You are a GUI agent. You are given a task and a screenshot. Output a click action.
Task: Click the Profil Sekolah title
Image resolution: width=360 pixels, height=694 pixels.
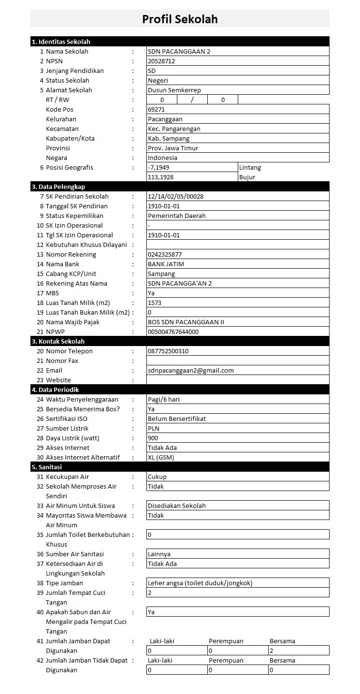tap(180, 19)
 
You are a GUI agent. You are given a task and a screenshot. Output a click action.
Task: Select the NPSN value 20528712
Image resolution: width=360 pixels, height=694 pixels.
tap(161, 61)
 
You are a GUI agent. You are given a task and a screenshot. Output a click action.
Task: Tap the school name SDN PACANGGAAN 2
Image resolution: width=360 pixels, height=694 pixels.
tap(179, 52)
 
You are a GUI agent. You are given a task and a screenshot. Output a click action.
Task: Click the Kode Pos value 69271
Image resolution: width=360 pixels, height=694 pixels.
tap(157, 110)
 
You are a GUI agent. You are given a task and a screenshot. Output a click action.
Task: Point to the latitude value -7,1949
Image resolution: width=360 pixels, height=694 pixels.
tap(158, 168)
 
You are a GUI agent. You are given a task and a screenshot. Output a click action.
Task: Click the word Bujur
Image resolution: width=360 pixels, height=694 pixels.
tap(247, 177)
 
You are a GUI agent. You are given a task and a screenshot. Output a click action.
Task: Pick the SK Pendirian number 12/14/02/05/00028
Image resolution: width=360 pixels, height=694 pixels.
tap(176, 197)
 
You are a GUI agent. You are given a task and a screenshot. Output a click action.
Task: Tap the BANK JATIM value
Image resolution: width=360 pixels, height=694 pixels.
tap(166, 264)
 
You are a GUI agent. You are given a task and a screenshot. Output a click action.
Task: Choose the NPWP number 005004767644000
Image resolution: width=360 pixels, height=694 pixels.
tap(173, 332)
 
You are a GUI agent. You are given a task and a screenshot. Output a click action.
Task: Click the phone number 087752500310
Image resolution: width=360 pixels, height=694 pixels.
tap(168, 351)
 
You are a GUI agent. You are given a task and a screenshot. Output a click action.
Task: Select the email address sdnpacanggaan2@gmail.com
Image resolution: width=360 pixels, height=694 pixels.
tap(190, 371)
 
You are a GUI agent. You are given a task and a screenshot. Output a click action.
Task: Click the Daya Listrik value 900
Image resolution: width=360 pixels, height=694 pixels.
tap(153, 438)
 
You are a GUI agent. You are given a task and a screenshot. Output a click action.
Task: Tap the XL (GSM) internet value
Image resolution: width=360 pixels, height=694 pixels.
tap(161, 458)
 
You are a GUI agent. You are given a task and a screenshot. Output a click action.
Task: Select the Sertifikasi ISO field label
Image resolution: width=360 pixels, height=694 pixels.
tap(67, 419)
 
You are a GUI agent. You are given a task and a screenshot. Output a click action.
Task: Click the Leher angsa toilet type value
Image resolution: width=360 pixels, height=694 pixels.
tap(200, 583)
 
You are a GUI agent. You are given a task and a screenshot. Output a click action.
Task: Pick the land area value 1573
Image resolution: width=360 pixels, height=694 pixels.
tap(155, 303)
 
